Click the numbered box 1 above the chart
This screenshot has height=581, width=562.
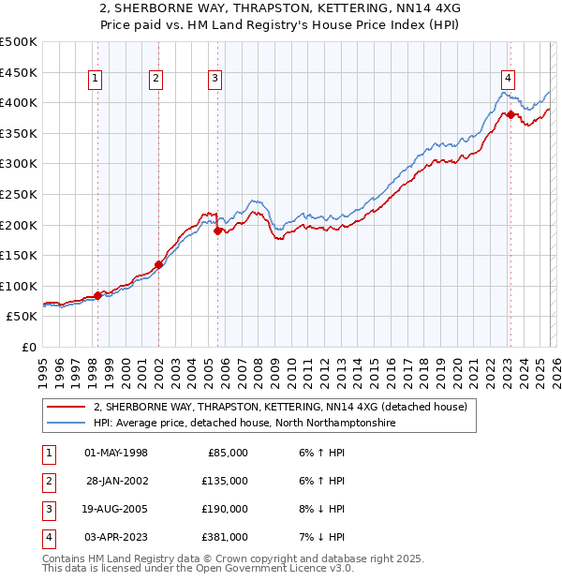(97, 80)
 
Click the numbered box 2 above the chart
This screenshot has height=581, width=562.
(155, 80)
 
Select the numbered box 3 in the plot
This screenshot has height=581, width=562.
(215, 80)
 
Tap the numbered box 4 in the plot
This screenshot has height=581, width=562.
(508, 80)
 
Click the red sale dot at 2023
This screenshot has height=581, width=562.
(510, 114)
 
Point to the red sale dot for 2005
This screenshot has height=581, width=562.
(218, 231)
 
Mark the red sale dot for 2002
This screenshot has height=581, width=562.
(159, 264)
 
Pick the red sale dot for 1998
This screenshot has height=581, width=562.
(98, 295)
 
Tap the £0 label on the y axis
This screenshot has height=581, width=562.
(29, 347)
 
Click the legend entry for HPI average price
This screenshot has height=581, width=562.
(244, 424)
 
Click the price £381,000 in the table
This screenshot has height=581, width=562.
(226, 537)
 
